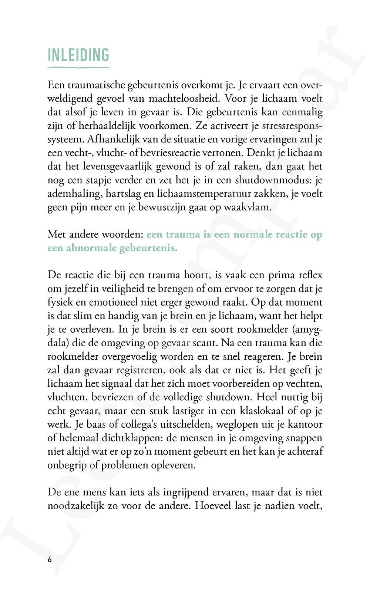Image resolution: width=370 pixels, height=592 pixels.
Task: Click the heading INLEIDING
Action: [x=78, y=55]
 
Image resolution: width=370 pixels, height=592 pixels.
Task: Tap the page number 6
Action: [x=50, y=559]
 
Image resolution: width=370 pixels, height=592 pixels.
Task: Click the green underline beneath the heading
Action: [x=78, y=67]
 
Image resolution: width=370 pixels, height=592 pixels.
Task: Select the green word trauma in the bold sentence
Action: [x=183, y=235]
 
